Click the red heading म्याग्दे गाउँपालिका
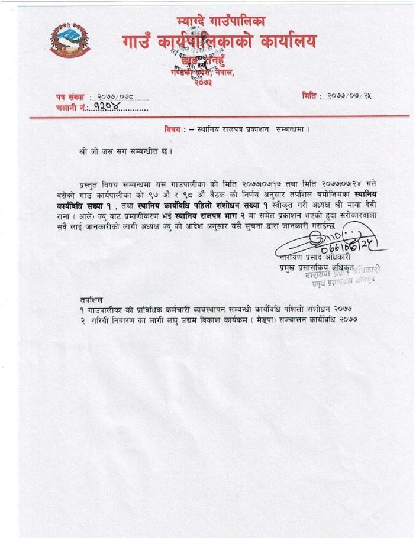point(221,22)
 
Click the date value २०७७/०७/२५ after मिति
point(352,96)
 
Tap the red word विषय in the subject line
point(175,129)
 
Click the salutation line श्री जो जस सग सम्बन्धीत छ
point(125,151)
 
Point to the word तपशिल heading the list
point(92,300)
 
